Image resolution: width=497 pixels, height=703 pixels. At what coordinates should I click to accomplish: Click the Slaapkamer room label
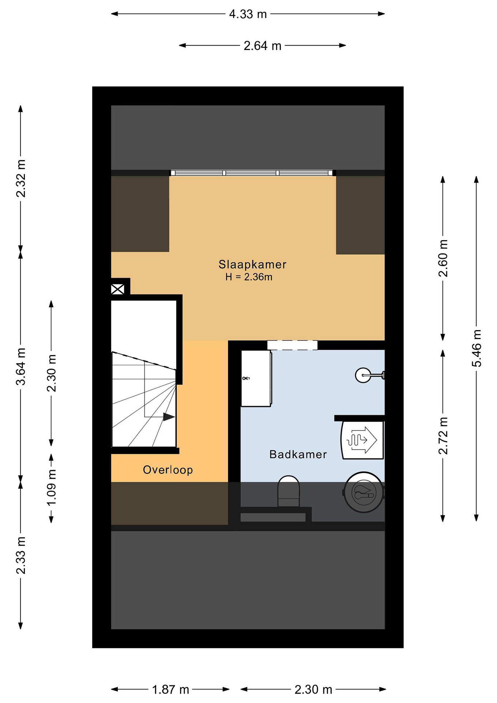[252, 265]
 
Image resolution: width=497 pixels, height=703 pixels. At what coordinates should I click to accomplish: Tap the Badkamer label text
[298, 454]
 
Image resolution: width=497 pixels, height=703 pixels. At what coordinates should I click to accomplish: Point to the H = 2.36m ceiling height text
[249, 277]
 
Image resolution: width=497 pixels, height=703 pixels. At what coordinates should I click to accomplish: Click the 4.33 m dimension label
[248, 14]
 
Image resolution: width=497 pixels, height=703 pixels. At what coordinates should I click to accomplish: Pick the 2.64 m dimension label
[262, 46]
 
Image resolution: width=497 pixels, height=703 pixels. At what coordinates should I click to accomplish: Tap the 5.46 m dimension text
[477, 348]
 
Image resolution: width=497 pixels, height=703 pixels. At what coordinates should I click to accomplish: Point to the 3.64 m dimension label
[21, 366]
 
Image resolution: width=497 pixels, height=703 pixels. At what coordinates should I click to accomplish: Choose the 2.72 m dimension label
[443, 436]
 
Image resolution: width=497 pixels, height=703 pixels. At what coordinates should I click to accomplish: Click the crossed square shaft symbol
[118, 289]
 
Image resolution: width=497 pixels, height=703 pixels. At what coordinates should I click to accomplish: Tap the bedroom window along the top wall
[252, 173]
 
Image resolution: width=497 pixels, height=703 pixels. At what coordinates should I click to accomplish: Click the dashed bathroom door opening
[292, 345]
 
